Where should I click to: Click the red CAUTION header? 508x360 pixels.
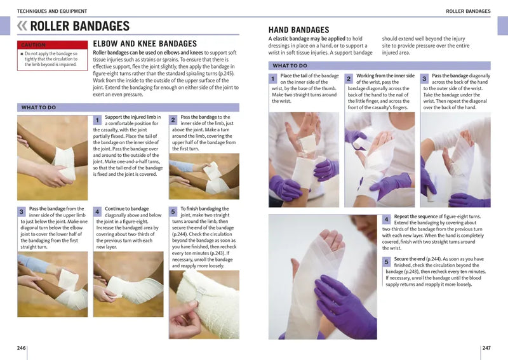(52, 44)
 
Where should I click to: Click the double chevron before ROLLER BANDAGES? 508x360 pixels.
(22, 26)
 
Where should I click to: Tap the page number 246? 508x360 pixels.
(22, 348)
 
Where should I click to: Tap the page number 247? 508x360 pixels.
(486, 348)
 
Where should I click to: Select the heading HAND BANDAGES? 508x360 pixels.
(298, 30)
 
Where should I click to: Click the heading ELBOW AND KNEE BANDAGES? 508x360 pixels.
(145, 44)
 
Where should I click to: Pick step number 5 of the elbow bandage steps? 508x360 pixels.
(173, 212)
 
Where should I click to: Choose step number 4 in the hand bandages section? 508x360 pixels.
(386, 220)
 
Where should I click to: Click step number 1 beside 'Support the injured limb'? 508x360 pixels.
(97, 120)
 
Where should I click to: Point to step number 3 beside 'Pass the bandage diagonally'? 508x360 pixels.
(424, 79)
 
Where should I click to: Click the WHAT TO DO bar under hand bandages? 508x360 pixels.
(379, 65)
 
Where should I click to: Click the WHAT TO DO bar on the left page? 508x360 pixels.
(128, 107)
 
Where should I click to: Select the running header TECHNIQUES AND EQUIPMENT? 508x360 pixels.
(52, 11)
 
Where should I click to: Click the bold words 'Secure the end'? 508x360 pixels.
(410, 259)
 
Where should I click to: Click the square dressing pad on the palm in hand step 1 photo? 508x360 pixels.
(306, 143)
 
